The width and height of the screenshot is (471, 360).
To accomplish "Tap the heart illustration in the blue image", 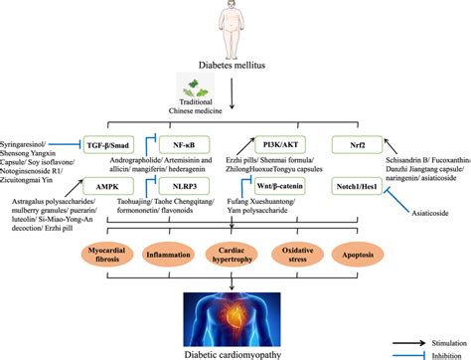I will [x=239, y=313].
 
